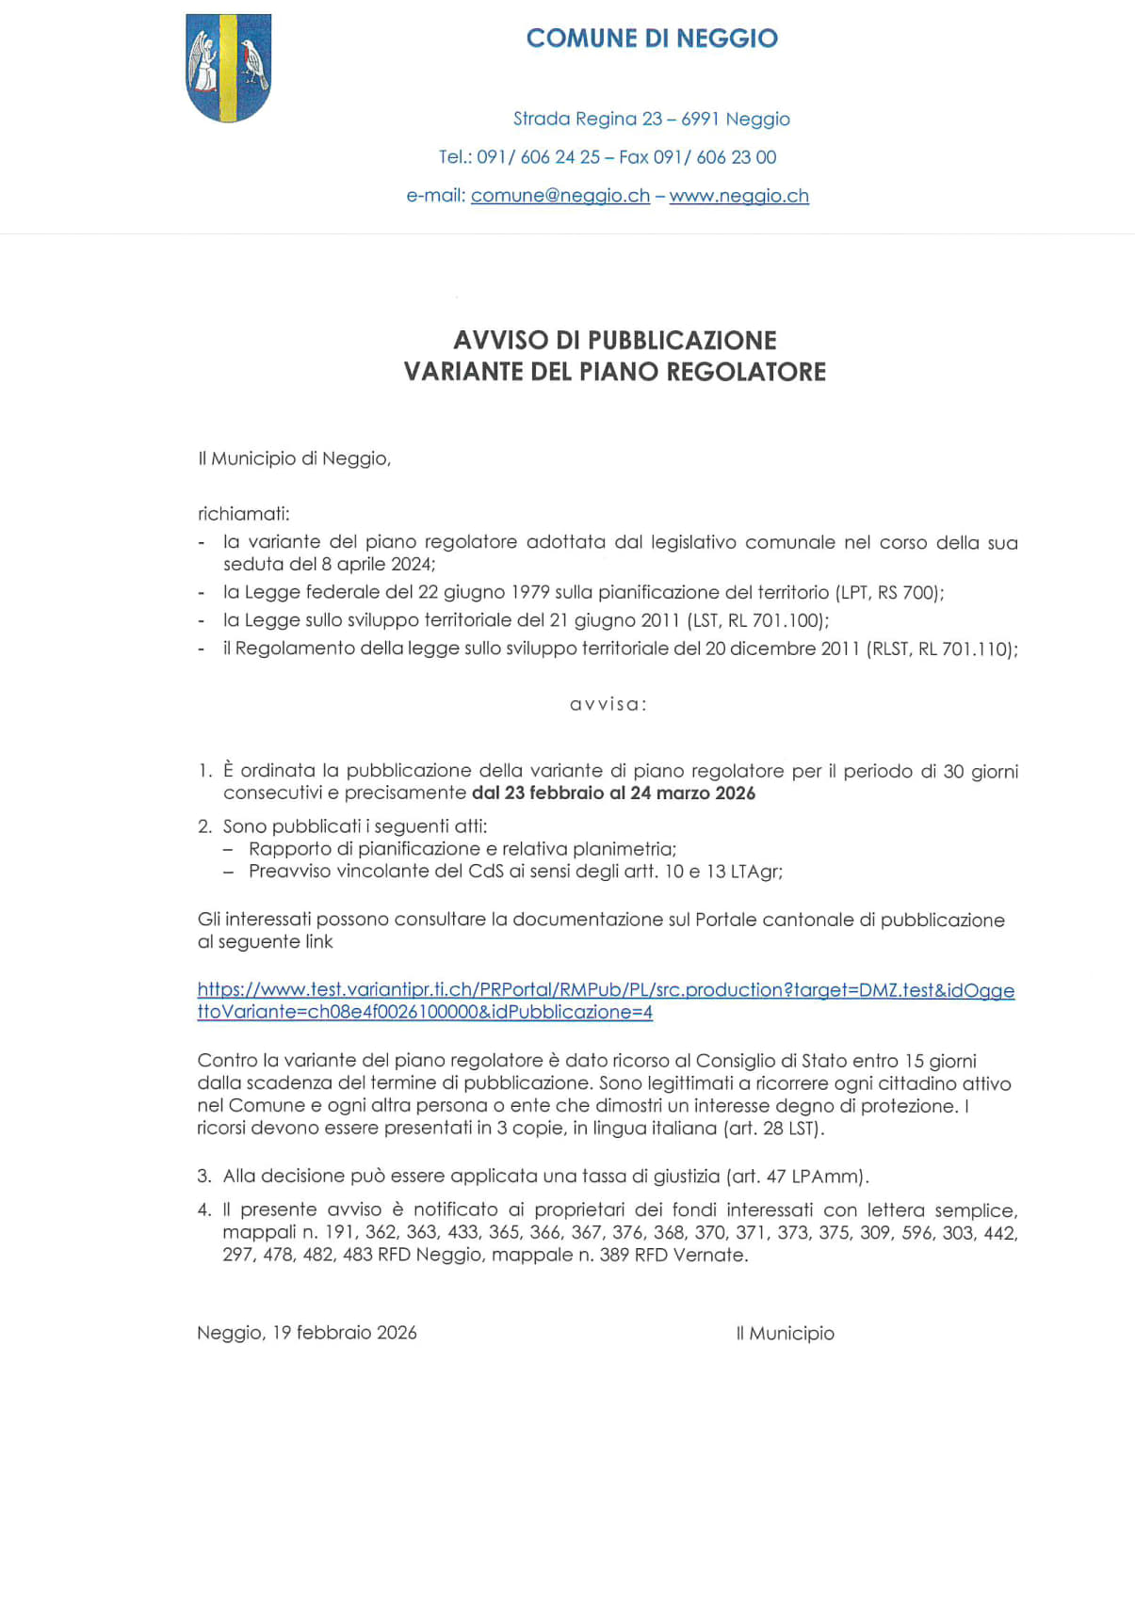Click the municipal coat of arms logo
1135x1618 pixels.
[x=228, y=68]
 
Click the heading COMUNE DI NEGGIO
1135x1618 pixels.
[x=652, y=39]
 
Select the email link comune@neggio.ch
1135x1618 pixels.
[x=559, y=196]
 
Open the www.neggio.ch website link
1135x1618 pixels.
[x=738, y=196]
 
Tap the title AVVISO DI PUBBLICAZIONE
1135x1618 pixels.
[x=614, y=340]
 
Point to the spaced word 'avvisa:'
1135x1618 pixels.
[x=608, y=704]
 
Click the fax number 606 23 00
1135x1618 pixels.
[x=736, y=157]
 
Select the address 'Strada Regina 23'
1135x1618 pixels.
[x=588, y=119]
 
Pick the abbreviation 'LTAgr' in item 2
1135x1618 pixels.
[x=755, y=872]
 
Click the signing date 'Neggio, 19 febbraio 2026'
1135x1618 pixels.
[x=306, y=1333]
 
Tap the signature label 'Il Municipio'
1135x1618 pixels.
[x=785, y=1333]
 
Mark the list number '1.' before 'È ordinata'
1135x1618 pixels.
[x=205, y=771]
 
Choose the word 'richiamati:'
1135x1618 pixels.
[x=243, y=514]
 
